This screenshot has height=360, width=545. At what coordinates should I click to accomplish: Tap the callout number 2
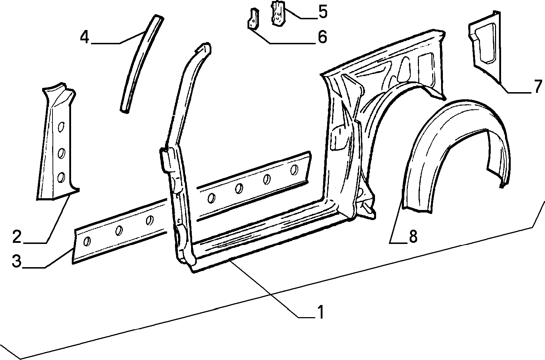click(x=17, y=237)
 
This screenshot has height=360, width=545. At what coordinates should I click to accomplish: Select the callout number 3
click(x=17, y=261)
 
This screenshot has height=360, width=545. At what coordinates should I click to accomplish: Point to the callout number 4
click(x=85, y=37)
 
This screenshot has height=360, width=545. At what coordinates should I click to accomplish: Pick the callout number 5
click(x=323, y=12)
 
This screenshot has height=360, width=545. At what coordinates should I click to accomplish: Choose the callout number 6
click(x=322, y=37)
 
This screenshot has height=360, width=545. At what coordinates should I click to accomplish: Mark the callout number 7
click(x=538, y=87)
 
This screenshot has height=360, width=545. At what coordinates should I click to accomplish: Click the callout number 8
click(x=413, y=236)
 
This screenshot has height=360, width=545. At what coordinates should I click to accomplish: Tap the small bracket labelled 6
click(x=253, y=19)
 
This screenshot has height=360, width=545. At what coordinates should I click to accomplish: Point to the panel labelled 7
click(x=484, y=49)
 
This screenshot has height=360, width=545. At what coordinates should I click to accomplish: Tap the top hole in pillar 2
click(x=61, y=127)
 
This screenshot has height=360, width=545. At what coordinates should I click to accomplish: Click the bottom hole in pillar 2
click(x=61, y=177)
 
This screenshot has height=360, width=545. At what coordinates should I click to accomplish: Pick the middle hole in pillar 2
click(x=61, y=153)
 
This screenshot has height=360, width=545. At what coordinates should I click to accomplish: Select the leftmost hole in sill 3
click(x=87, y=241)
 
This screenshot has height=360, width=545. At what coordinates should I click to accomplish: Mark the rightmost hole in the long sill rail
click(x=294, y=170)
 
